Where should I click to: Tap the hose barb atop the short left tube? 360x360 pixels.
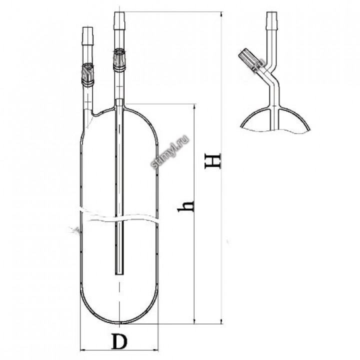pos(87,37)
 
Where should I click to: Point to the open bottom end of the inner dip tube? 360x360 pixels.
pos(118,273)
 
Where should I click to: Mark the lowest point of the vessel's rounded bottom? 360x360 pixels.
pos(119,323)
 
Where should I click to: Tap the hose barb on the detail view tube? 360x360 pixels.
pos(271,21)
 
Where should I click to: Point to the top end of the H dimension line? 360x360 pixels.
pos(220,13)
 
